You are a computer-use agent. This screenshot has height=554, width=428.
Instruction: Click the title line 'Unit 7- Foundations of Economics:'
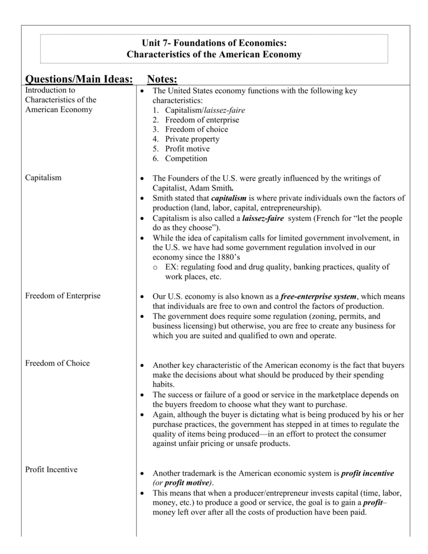pyautogui.click(x=214, y=43)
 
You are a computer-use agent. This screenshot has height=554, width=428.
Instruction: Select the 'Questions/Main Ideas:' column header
pyautogui.click(x=79, y=80)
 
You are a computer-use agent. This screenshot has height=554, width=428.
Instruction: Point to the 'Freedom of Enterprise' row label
pyautogui.click(x=63, y=296)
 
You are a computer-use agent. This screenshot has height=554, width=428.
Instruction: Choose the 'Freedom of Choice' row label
pyautogui.click(x=57, y=363)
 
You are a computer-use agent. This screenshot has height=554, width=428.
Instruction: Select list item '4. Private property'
pyautogui.click(x=186, y=139)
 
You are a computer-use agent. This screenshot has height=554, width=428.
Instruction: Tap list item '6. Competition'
pyautogui.click(x=180, y=159)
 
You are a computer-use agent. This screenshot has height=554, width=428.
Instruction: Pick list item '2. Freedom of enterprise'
pyautogui.click(x=195, y=120)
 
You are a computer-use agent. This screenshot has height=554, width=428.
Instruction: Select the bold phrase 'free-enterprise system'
pyautogui.click(x=319, y=296)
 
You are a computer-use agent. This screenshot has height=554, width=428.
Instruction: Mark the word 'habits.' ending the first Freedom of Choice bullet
pyautogui.click(x=163, y=384)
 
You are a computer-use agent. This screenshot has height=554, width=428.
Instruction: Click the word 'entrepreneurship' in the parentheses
pyautogui.click(x=290, y=208)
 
